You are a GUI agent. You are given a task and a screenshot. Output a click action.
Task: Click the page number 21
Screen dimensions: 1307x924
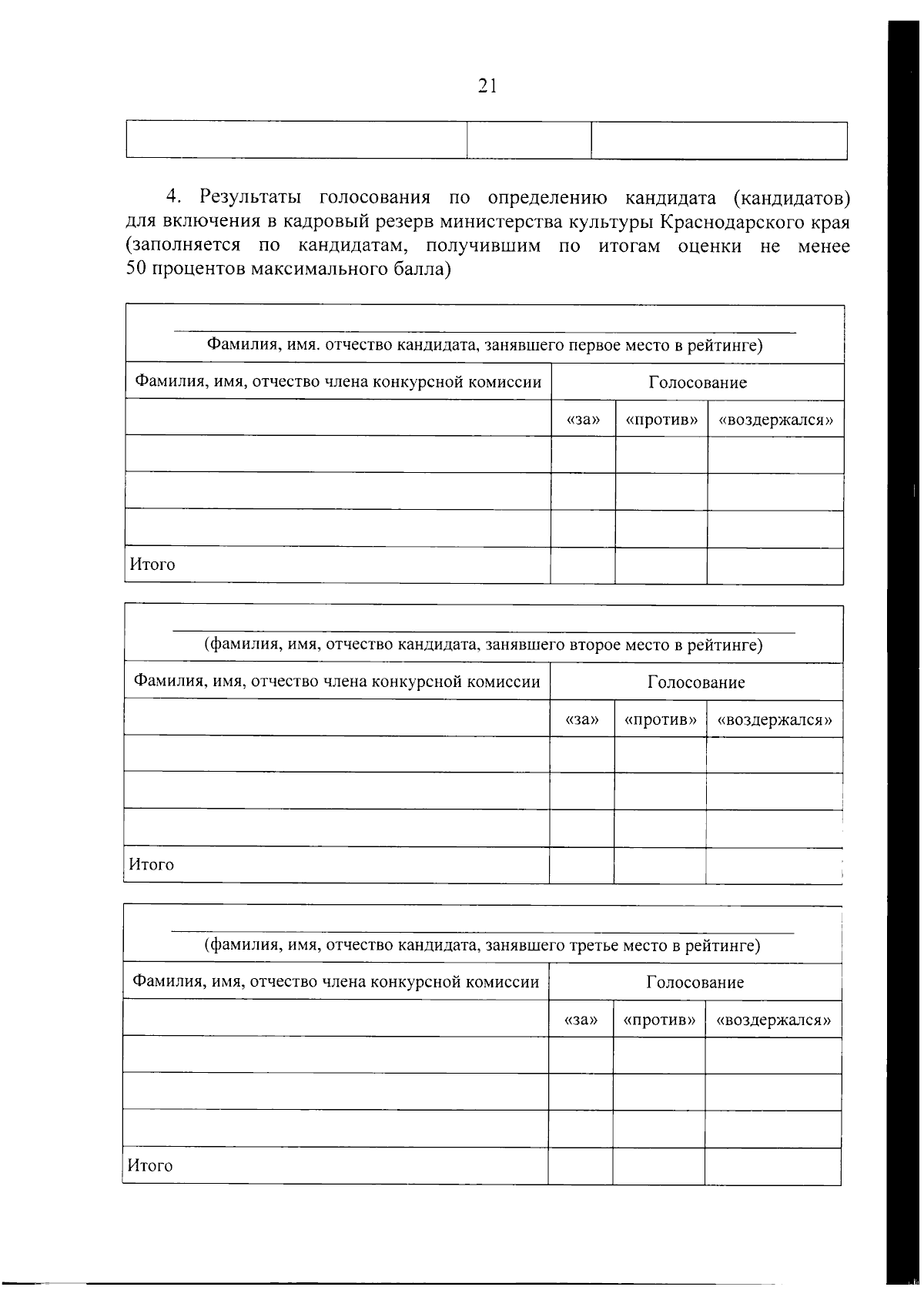pyautogui.click(x=487, y=86)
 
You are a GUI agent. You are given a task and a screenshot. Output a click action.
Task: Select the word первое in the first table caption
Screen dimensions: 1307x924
pyautogui.click(x=594, y=345)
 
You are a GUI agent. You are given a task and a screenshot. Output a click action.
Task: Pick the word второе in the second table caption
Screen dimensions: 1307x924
pyautogui.click(x=594, y=645)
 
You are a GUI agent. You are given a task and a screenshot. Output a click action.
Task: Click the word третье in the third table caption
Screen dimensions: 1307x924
pyautogui.click(x=593, y=945)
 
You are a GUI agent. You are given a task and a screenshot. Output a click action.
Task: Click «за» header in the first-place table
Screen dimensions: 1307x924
pyautogui.click(x=583, y=421)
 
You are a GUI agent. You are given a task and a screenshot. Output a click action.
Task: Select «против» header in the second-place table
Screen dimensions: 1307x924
pyautogui.click(x=660, y=720)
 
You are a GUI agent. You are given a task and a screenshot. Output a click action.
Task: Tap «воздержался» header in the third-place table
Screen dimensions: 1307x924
pyautogui.click(x=773, y=1020)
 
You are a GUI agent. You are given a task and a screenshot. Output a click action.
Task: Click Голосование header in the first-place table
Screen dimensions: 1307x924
pyautogui.click(x=698, y=383)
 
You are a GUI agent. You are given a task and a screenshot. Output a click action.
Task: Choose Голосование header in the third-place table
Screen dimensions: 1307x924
pyautogui.click(x=695, y=983)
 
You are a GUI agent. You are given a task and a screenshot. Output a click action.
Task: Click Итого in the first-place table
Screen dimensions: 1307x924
pyautogui.click(x=152, y=565)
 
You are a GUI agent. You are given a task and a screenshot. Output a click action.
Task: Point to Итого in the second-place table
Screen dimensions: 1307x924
pyautogui.click(x=152, y=865)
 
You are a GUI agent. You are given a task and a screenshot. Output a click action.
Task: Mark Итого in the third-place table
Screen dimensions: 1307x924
pyautogui.click(x=150, y=1165)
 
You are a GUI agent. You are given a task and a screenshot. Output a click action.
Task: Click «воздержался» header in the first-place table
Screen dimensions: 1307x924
pyautogui.click(x=775, y=421)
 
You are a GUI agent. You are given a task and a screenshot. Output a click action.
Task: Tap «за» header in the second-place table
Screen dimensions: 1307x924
pyautogui.click(x=582, y=720)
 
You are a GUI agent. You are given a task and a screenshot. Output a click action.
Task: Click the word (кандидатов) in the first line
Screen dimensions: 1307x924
pyautogui.click(x=792, y=198)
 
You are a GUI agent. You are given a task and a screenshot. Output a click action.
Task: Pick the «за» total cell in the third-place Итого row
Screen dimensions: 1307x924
pyautogui.click(x=581, y=1165)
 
